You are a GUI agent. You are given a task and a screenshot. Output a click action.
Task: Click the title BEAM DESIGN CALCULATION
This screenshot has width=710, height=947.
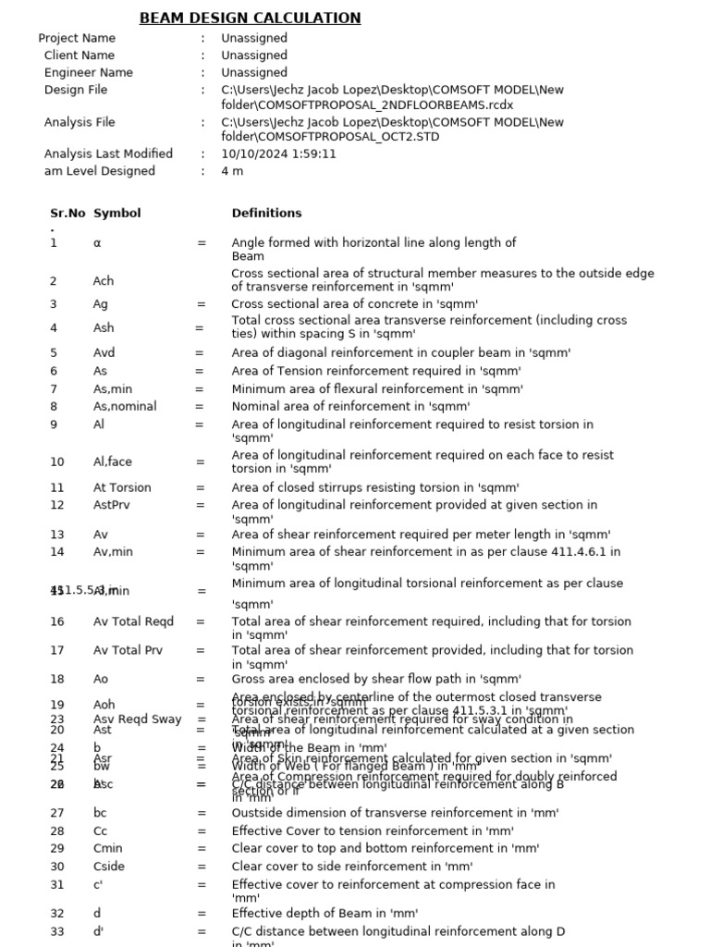pos(250,18)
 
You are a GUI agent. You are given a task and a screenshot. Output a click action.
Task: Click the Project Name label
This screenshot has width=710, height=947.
pos(77,38)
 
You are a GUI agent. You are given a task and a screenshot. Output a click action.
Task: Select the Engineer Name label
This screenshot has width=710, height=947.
pos(88,72)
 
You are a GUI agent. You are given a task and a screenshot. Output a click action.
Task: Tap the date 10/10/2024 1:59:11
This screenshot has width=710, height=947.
pos(278,154)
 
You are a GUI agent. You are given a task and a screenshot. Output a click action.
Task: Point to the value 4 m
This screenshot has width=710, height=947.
pos(232,171)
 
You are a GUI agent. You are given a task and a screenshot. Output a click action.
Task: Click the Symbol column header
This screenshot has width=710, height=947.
pos(117,213)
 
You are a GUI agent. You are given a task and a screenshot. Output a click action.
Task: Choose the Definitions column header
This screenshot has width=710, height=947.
pos(266,213)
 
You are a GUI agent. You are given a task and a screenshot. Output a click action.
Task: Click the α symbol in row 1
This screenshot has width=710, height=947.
pos(97,243)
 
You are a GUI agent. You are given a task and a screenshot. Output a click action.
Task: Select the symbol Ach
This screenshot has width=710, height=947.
pos(104,281)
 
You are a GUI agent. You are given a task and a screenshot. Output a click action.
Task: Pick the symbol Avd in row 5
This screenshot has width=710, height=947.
pos(104,352)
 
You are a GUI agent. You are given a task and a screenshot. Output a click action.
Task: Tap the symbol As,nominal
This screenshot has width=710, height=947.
pos(125,406)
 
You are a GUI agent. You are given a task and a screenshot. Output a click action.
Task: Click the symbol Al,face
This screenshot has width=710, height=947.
pos(113,461)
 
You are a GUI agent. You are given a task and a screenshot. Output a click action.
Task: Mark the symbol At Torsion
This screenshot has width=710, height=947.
pos(122,487)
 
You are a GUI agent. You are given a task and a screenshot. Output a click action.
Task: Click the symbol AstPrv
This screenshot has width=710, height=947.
pos(111,505)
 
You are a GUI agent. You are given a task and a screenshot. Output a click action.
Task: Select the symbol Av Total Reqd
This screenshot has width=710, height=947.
pos(133,621)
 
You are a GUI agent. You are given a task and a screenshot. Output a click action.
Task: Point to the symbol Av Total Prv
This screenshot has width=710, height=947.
pos(128,650)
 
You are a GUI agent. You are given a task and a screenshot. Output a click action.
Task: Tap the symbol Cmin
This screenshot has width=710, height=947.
pos(107,848)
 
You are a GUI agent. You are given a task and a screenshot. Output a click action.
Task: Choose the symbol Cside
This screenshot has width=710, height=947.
pos(108,867)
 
